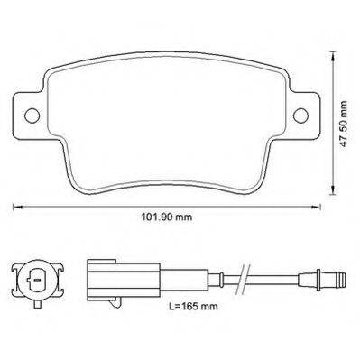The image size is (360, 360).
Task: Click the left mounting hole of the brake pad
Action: (x=32, y=115)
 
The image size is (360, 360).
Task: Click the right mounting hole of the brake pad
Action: (x=300, y=115)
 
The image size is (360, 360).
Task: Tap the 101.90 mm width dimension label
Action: (x=167, y=217)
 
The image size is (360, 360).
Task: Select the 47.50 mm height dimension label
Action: (x=343, y=124)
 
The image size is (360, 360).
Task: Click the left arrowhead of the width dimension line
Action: (x=17, y=207)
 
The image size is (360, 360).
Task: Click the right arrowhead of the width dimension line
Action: (x=316, y=207)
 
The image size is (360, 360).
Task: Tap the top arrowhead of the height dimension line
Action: (x=332, y=57)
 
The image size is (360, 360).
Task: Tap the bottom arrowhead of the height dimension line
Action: (x=332, y=189)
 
